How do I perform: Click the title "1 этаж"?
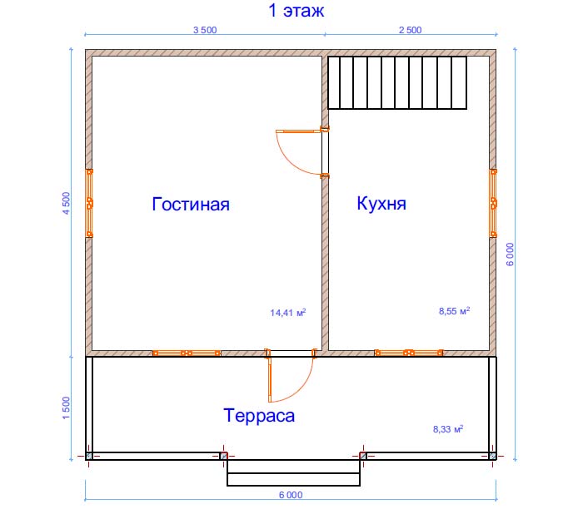296,10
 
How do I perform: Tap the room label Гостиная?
191,205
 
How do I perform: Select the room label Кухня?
381,204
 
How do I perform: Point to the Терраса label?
259,416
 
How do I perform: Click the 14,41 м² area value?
288,313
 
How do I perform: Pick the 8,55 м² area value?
454,311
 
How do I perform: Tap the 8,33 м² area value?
448,429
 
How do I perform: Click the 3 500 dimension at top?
205,30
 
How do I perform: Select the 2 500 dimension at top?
410,30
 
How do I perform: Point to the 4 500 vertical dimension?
66,203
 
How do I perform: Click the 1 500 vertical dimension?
66,408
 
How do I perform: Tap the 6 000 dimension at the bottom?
291,495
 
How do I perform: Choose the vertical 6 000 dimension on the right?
510,254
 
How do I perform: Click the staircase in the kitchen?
397,82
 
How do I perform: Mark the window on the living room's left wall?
90,203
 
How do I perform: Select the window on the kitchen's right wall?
493,203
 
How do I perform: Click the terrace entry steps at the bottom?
293,472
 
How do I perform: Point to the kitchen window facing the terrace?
409,353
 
